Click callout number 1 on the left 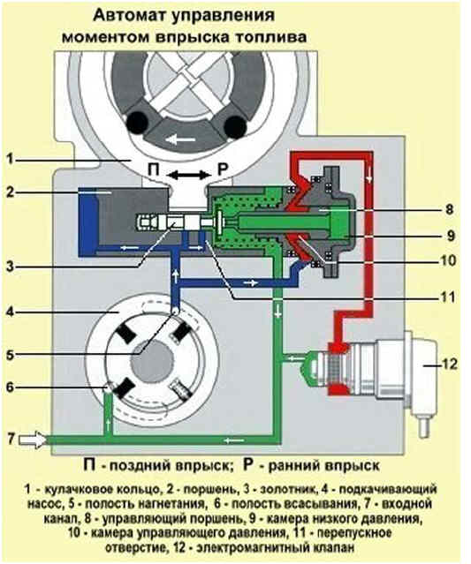click(x=11, y=159)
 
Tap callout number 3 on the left click(x=11, y=267)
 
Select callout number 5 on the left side click(x=10, y=355)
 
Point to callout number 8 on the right click(x=449, y=209)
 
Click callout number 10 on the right click(x=448, y=260)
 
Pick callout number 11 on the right click(x=448, y=297)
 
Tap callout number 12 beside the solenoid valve click(x=449, y=364)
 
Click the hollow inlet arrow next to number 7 click(x=33, y=440)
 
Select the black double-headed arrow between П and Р click(x=189, y=175)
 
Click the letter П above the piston click(x=154, y=169)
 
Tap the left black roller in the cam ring click(x=137, y=123)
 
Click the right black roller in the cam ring click(x=235, y=126)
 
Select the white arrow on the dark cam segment click(x=181, y=139)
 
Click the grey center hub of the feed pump click(x=152, y=362)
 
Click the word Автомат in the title click(x=128, y=15)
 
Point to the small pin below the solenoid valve click(x=425, y=426)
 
